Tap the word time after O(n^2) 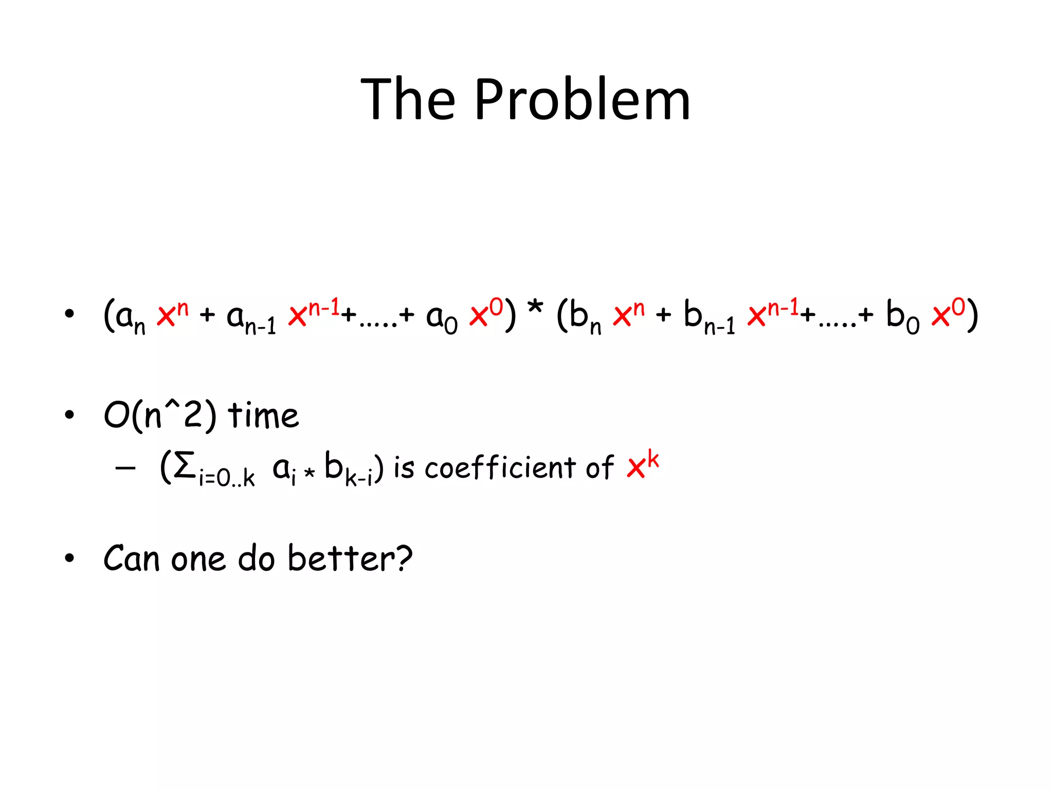[x=263, y=415]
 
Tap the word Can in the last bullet [x=132, y=559]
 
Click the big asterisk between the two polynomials [x=535, y=308]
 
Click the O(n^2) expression [x=160, y=416]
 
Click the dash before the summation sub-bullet [x=125, y=468]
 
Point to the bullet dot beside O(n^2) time [x=69, y=415]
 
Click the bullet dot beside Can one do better [x=69, y=559]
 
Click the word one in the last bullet [x=198, y=560]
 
